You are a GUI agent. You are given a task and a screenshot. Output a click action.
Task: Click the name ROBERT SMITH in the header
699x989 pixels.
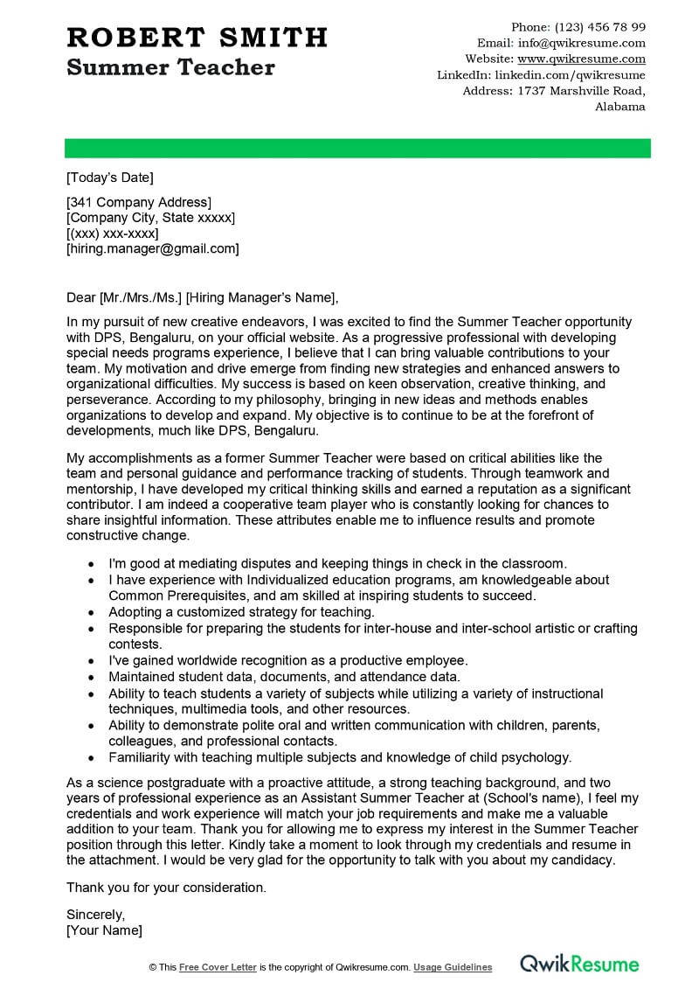click(197, 38)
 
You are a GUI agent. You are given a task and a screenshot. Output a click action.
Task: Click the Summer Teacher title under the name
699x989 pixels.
click(170, 67)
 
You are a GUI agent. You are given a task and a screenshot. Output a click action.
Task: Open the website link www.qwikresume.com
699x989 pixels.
click(582, 59)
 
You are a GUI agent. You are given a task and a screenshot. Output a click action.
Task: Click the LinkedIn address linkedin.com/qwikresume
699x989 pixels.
click(570, 75)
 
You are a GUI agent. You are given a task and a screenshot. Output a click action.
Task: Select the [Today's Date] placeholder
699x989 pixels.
click(110, 178)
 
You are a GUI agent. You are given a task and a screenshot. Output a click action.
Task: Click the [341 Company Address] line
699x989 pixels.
click(139, 202)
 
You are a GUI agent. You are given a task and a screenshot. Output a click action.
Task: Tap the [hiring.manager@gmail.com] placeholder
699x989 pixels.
click(153, 249)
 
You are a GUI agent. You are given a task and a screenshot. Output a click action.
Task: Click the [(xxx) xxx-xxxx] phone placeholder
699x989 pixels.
click(113, 233)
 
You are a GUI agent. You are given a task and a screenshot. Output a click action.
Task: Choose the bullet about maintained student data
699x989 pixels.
click(284, 677)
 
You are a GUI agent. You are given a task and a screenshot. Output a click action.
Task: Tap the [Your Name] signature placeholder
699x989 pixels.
click(104, 930)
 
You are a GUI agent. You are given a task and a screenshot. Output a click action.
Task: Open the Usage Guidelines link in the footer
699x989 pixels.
click(453, 967)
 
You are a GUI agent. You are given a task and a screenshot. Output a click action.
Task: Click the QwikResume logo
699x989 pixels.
click(580, 965)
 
